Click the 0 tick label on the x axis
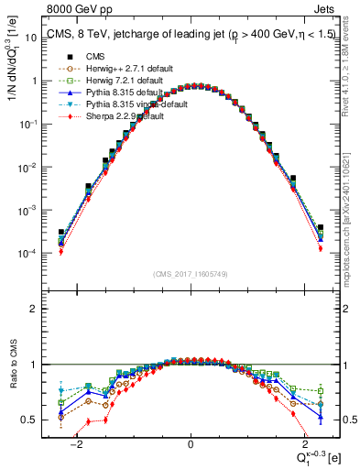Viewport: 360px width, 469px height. [191, 444]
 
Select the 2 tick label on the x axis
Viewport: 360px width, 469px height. [303, 444]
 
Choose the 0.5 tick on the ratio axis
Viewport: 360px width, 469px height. [32, 420]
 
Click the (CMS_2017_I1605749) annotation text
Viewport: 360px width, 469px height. [191, 274]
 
